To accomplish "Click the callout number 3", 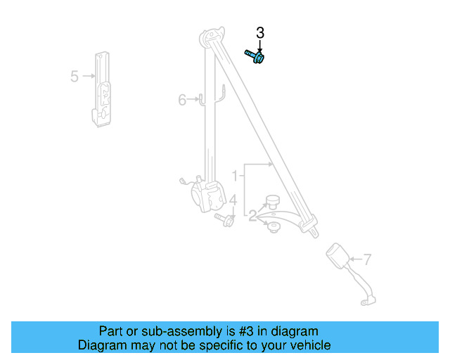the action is [260, 32].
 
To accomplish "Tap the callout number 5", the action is [75, 76].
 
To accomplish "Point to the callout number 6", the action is [182, 101].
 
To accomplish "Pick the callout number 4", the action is [233, 202].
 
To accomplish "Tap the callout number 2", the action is [252, 216].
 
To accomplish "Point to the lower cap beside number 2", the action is [273, 227].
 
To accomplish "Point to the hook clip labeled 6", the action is [203, 99].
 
